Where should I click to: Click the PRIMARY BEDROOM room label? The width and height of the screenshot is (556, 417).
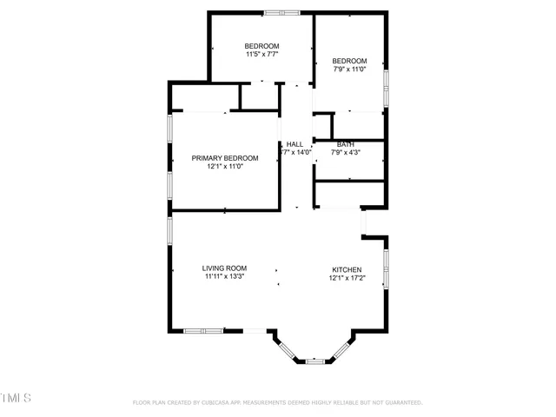point(225,158)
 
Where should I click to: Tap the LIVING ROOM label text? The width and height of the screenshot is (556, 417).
point(225,268)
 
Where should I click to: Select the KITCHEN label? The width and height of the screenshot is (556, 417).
point(346,270)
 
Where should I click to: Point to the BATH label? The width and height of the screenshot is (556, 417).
point(346,144)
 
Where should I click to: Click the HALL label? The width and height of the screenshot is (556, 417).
point(295,144)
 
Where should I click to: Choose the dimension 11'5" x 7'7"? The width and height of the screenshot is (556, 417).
point(261,55)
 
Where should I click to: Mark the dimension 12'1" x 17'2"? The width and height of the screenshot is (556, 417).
point(346,279)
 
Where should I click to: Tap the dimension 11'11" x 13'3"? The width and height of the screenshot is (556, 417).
point(225,277)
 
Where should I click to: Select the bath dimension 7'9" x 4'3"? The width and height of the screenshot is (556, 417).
point(346,153)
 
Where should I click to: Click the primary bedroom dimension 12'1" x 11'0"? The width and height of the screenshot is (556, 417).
point(225,167)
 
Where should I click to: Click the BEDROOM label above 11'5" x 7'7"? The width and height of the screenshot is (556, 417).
point(261,46)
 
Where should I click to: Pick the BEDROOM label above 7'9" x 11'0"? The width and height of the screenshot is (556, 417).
point(350,61)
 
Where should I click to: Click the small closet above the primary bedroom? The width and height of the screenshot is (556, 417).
point(259,96)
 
